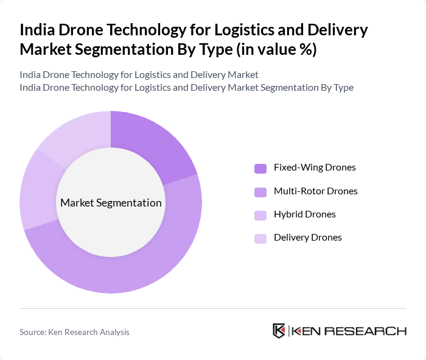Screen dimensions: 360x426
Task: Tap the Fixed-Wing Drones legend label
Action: tap(315, 168)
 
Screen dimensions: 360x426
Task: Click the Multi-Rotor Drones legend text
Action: tap(315, 191)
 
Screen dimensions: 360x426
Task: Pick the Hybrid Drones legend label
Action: tap(304, 214)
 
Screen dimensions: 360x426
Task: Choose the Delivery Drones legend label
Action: tap(307, 238)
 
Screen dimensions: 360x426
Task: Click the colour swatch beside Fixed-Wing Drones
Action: tap(260, 168)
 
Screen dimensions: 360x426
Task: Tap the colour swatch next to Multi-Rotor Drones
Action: tap(260, 192)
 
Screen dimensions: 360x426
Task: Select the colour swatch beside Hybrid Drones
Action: tap(260, 215)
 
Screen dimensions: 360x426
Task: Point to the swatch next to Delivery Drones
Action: tap(260, 238)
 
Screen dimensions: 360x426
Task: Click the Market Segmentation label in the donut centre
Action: tap(111, 203)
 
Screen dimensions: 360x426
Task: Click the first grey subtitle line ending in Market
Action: tap(139, 74)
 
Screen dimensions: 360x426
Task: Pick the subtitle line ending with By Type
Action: tap(186, 87)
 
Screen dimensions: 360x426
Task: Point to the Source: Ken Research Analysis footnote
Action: tap(74, 332)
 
